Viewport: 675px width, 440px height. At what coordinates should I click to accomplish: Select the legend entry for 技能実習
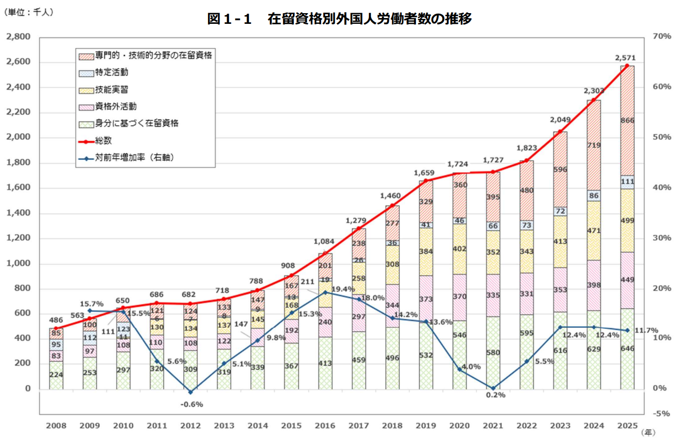[x=111, y=89]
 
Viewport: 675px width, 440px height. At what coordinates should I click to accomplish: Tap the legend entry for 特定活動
[x=111, y=72]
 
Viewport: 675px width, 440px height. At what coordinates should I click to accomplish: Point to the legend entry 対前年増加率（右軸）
[x=134, y=158]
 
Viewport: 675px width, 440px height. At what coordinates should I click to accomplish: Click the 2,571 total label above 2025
[x=625, y=58]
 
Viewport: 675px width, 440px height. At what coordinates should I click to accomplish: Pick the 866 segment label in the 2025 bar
[x=627, y=121]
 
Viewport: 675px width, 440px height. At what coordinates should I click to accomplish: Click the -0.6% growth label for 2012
[x=191, y=405]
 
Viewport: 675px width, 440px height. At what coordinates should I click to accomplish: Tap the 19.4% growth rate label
[x=343, y=289]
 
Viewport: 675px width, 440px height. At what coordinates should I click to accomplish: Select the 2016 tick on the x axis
[x=325, y=426]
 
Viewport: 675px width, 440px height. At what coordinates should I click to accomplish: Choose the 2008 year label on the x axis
[x=56, y=426]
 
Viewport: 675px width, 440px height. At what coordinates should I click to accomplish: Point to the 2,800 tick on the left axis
[x=18, y=36]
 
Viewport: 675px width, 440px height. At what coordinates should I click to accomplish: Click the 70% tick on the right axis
[x=661, y=36]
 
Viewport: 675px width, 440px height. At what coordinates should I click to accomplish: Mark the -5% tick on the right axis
[x=661, y=413]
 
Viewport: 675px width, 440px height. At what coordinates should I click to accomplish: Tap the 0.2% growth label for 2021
[x=496, y=395]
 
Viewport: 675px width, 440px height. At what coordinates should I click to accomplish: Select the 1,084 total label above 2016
[x=324, y=242]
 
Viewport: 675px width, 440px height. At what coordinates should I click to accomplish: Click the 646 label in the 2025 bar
[x=627, y=349]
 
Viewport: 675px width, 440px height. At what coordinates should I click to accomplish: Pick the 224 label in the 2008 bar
[x=56, y=375]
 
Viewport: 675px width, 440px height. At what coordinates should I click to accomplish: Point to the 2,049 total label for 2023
[x=560, y=120]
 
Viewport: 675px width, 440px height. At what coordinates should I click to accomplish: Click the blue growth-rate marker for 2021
[x=493, y=388]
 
